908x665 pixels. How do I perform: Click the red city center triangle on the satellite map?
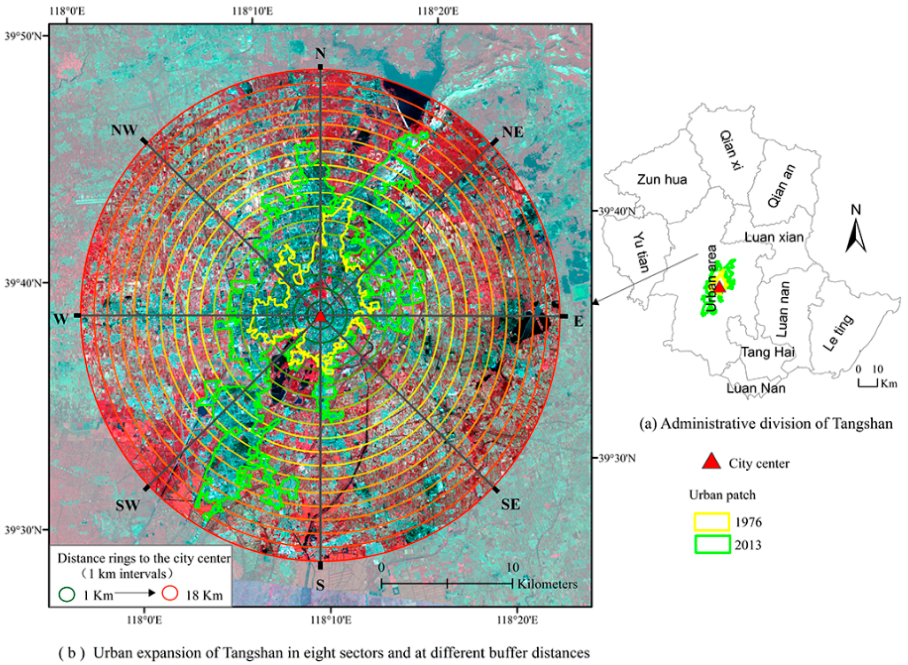320,317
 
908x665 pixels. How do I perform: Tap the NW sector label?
124,131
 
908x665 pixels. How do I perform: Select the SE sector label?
510,504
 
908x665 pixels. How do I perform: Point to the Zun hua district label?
662,180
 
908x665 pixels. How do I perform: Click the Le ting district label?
838,332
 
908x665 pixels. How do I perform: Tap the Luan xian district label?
774,237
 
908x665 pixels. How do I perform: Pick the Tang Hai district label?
768,352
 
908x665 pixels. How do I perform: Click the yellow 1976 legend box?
712,522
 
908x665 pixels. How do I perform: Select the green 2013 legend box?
712,545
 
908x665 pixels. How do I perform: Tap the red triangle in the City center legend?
711,462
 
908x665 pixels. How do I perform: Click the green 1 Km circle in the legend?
67,594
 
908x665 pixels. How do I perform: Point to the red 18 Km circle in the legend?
170,594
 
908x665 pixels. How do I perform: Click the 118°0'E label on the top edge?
67,11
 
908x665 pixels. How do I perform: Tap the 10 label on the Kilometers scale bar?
512,567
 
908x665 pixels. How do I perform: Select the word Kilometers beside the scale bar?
547,584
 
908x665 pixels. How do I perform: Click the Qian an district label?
782,186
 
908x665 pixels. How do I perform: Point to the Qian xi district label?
731,149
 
